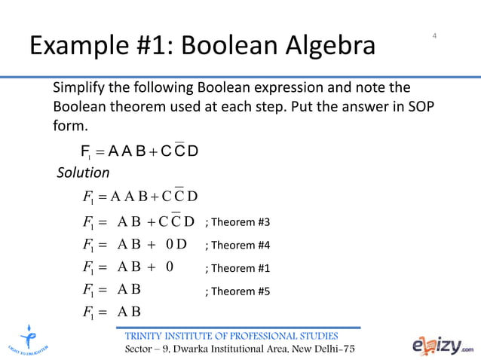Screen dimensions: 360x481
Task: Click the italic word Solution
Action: point(84,174)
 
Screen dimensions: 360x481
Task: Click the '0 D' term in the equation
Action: point(176,245)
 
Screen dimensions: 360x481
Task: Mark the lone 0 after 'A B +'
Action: point(169,267)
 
